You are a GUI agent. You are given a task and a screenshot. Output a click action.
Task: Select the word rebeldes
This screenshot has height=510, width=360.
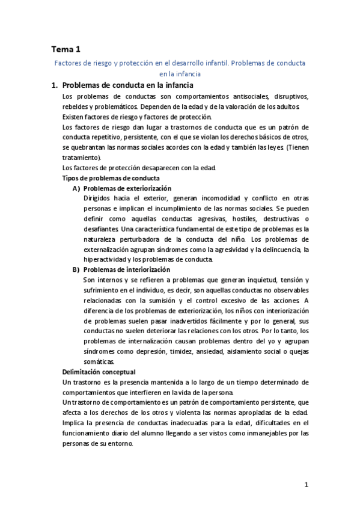click(x=77, y=106)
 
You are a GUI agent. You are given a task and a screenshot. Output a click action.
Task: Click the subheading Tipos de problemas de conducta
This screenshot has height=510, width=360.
click(x=111, y=178)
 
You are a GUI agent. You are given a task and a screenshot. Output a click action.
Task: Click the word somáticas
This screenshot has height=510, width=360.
click(x=99, y=361)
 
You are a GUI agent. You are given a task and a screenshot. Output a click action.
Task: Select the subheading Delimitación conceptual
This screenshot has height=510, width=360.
click(x=99, y=372)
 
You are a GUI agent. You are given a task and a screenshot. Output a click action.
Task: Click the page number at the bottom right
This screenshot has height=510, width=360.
click(x=306, y=485)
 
